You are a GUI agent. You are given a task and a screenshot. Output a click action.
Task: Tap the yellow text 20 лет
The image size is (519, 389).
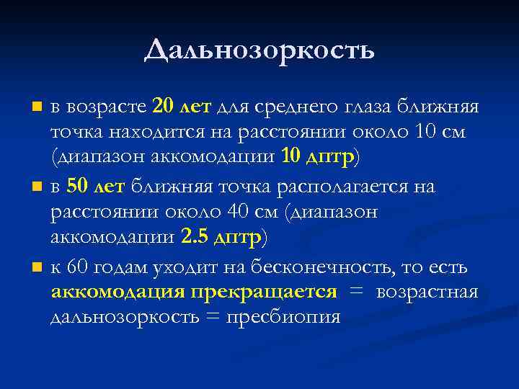pos(182,107)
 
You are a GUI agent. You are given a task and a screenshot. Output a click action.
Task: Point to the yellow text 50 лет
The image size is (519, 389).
pos(95,187)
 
